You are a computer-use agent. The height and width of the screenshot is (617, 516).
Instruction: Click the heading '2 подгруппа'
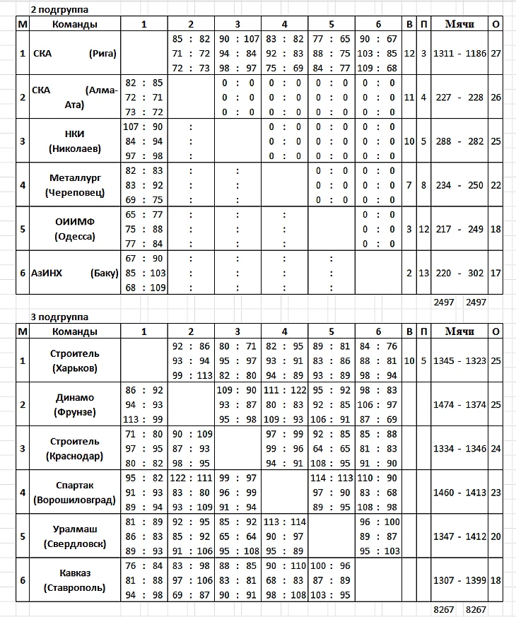[x=59, y=9]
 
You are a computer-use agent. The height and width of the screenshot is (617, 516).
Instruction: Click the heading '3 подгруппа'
[x=59, y=316]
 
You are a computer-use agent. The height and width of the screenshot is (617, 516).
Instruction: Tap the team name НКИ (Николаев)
[x=74, y=141]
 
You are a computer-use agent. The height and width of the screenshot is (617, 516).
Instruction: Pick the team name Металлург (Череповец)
[x=74, y=185]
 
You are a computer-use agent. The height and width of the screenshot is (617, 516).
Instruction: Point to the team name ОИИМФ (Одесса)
[x=74, y=229]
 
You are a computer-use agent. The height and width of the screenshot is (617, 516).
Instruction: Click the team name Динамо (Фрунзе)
[x=74, y=404]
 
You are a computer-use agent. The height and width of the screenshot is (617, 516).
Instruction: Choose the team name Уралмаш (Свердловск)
[x=74, y=536]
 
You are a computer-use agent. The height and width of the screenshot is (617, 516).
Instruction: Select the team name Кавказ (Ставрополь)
[x=74, y=580]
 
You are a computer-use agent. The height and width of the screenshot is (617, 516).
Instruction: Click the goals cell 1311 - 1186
[x=459, y=54]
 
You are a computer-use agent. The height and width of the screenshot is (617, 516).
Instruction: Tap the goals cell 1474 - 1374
[x=459, y=404]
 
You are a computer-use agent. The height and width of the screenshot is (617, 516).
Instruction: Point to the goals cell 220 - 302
[x=459, y=273]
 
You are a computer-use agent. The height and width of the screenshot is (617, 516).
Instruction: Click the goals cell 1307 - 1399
[x=459, y=580]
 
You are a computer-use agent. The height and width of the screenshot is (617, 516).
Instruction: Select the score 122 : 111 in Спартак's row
[x=191, y=478]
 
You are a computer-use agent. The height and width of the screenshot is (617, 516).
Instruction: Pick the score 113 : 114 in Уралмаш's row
[x=284, y=522]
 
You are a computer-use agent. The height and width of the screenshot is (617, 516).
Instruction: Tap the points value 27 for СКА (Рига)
[x=496, y=54]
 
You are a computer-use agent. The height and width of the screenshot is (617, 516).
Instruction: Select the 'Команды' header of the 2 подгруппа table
[x=74, y=24]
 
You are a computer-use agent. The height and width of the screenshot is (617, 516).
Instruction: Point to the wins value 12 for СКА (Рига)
[x=409, y=54]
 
